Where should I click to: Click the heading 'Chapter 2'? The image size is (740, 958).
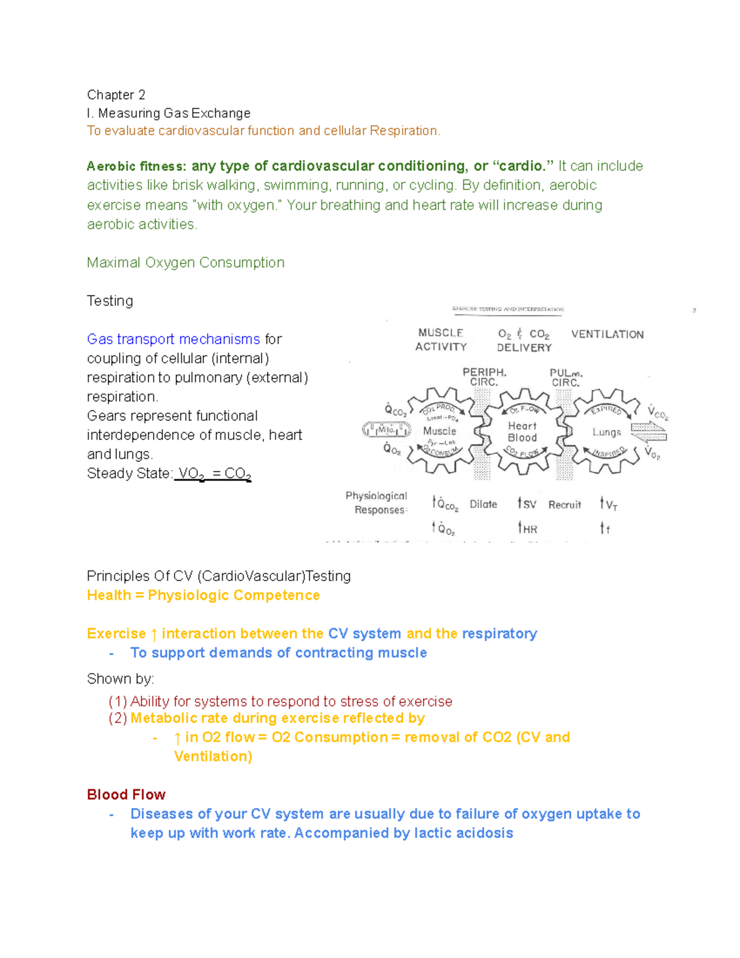(116, 95)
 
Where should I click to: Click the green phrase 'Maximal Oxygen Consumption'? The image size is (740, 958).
(186, 263)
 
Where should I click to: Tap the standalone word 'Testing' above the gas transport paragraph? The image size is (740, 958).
(110, 301)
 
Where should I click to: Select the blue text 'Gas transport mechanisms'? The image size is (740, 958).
(173, 339)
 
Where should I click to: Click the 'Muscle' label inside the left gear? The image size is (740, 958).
(440, 431)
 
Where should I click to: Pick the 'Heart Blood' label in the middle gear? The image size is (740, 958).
(522, 432)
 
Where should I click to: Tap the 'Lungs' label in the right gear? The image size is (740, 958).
(606, 432)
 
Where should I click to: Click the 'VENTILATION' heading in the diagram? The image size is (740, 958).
(607, 334)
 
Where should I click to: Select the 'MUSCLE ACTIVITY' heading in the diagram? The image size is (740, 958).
(441, 340)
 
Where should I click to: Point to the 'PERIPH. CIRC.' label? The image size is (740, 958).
(485, 377)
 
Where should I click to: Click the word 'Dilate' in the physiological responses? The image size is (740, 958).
(483, 505)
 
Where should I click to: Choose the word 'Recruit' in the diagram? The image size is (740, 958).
(564, 505)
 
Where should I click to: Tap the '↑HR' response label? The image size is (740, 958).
(528, 529)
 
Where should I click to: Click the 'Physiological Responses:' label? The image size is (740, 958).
(377, 503)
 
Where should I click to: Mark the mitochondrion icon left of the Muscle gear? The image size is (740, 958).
(387, 430)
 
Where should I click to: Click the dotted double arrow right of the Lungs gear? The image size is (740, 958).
(649, 432)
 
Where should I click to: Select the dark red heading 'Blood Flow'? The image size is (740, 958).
(126, 795)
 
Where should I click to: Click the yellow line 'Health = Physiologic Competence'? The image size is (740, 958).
(203, 595)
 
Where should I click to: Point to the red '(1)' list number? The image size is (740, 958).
(118, 701)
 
